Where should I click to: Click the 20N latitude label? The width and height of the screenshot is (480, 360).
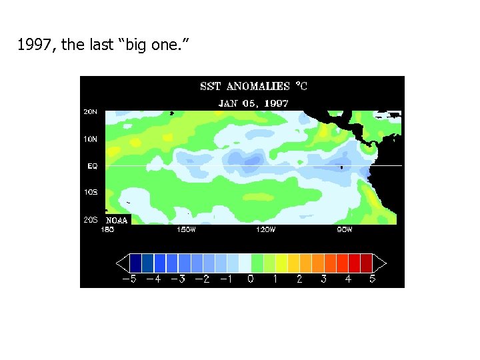[90, 112]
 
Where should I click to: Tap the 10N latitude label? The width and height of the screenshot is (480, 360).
[90, 139]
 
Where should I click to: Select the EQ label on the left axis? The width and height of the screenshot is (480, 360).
[92, 166]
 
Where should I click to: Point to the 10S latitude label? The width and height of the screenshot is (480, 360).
[90, 192]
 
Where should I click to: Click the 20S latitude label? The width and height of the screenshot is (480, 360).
[90, 219]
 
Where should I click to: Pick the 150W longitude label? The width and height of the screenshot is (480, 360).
[186, 230]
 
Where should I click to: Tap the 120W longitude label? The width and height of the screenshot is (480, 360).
[265, 230]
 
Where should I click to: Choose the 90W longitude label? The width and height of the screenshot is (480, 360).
[344, 230]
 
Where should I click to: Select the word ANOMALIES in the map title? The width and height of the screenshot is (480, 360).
[258, 87]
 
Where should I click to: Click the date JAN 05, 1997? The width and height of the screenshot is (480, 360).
[253, 103]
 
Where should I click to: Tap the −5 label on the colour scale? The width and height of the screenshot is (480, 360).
[129, 279]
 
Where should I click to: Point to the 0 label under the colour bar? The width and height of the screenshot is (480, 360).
[251, 279]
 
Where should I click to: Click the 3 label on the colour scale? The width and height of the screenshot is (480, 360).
[323, 279]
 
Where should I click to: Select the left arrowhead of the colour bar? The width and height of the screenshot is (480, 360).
[122, 263]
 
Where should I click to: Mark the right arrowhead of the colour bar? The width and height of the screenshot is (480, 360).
[379, 263]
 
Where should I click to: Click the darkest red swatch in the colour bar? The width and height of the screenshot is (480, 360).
[366, 263]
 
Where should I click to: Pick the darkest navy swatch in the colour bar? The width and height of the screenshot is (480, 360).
[135, 263]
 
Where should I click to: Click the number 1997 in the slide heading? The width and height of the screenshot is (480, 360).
[31, 46]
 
